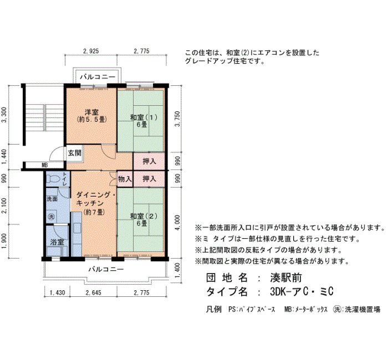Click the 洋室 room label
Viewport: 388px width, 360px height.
coord(91,112)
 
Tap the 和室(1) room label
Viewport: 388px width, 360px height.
coord(144,117)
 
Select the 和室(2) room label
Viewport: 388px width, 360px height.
coord(144,216)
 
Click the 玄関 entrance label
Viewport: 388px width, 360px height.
coord(74,153)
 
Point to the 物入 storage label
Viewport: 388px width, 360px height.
coord(125,179)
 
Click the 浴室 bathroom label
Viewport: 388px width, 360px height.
coord(57,242)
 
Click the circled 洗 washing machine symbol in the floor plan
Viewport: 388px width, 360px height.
coord(51,217)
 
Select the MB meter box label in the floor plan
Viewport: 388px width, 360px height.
coord(44,166)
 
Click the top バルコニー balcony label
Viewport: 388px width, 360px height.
coord(98,77)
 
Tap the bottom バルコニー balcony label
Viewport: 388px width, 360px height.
coord(106,269)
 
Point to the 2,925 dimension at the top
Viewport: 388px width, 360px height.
coord(91,51)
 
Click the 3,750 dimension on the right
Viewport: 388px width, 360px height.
coord(178,119)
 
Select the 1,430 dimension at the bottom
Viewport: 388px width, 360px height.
coord(58,293)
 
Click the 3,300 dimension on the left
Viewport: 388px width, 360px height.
coord(4,115)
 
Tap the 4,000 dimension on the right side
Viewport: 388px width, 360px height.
coord(178,223)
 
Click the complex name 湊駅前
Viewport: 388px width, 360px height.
coord(286,278)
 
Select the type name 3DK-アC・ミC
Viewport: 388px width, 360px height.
coord(302,292)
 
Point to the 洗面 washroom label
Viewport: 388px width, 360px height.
coord(52,199)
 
